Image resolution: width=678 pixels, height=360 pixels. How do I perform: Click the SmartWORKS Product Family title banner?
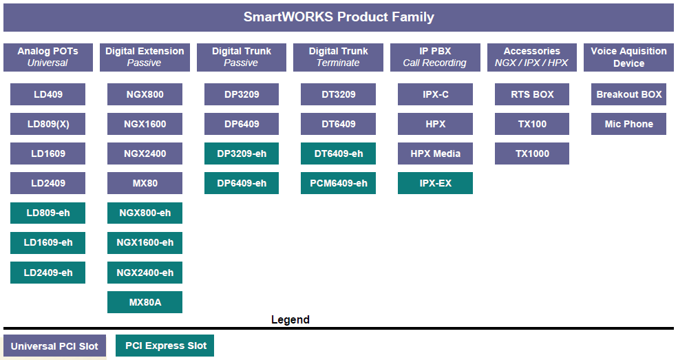point(339,17)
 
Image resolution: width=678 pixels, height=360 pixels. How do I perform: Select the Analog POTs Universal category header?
point(48,57)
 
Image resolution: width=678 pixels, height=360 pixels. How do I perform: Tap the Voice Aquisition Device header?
point(628,57)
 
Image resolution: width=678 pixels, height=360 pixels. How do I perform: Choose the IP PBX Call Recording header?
point(435,57)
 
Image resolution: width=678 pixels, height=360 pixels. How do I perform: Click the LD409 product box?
point(47,94)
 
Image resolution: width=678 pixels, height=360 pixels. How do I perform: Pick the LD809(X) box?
point(47,124)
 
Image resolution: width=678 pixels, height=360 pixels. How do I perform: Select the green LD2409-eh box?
point(47,273)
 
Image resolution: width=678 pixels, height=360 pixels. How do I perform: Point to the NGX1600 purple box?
point(145,124)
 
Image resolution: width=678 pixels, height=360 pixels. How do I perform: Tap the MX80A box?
point(145,302)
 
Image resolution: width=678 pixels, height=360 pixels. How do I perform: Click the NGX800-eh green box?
point(145,213)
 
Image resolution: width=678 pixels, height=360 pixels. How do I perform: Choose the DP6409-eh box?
point(242,183)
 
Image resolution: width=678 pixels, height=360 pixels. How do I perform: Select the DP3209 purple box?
point(242,94)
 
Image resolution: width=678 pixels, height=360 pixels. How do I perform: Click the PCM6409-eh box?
point(338,183)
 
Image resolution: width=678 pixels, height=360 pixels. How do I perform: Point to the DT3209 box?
point(338,94)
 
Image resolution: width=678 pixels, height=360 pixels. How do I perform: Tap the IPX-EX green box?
point(435,183)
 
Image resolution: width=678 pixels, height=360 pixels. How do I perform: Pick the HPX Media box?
point(435,153)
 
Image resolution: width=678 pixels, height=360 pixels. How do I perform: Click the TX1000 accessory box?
point(532,153)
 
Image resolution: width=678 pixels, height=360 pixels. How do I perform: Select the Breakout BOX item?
point(628,94)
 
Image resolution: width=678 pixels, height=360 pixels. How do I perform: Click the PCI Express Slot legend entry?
point(165,346)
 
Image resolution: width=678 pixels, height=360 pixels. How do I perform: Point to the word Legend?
point(290,320)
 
